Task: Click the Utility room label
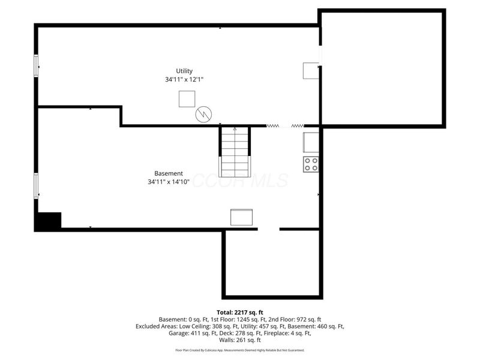tap(184, 71)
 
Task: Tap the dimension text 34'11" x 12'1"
tap(184, 79)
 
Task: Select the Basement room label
tap(169, 173)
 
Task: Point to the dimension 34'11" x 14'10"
tap(169, 182)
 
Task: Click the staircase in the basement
tap(234, 152)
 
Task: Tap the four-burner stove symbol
tap(311, 164)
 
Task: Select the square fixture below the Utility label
tap(187, 99)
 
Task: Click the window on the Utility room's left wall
tap(37, 65)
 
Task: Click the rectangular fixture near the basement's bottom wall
tap(242, 217)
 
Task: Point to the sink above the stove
tap(311, 142)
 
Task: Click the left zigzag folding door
tap(273, 126)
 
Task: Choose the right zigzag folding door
tap(298, 126)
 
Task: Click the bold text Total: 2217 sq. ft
tap(240, 312)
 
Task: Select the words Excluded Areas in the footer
tap(158, 326)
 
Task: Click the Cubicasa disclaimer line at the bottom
tap(240, 350)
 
